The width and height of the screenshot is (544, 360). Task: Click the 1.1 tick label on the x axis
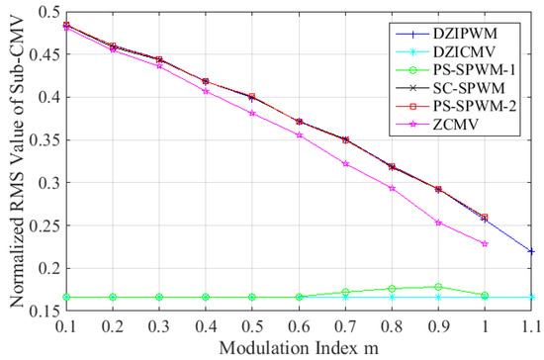531,325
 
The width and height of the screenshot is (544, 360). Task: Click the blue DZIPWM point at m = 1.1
531,251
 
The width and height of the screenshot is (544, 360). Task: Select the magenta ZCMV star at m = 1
485,243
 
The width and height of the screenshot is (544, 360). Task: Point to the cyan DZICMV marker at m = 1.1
531,297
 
